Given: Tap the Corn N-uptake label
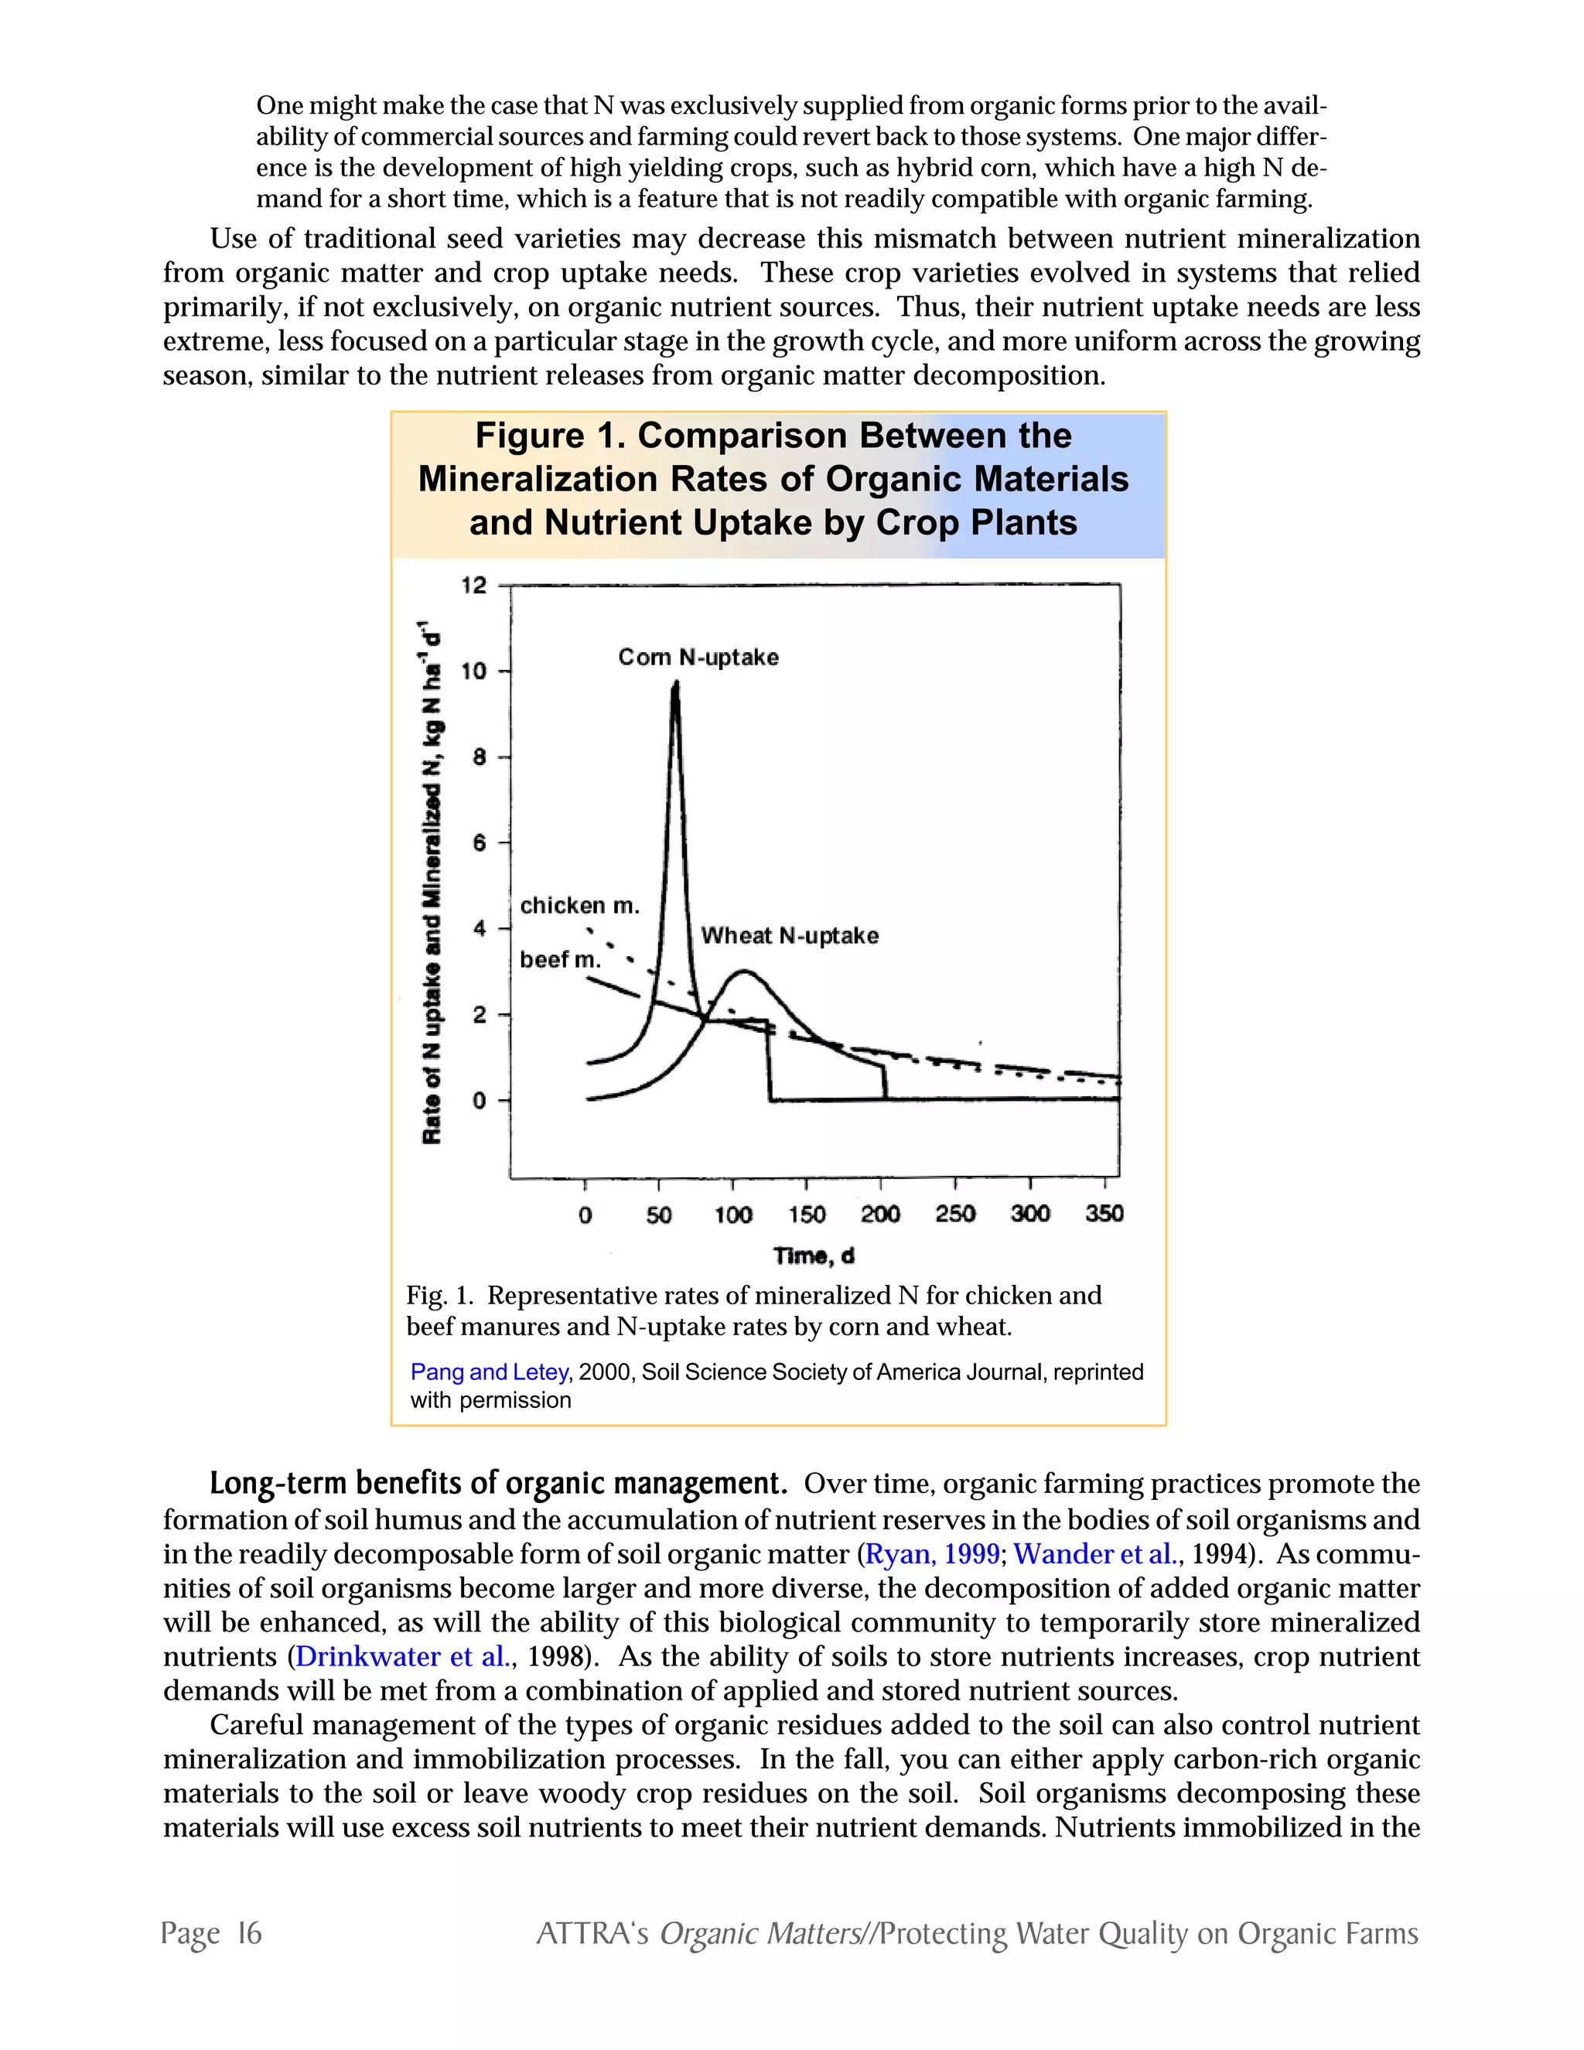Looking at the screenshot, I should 698,657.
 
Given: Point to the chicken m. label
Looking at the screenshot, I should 579,905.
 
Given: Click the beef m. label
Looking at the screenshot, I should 559,959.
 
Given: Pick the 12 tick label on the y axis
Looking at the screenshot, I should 474,586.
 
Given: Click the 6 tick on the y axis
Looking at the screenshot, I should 480,843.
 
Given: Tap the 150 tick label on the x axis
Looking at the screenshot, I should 806,1215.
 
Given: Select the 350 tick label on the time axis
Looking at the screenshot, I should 1104,1214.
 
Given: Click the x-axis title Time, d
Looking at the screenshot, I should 813,1256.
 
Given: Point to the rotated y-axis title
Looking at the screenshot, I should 432,883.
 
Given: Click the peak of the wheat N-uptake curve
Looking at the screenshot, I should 742,972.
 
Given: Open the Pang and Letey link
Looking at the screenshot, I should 489,1372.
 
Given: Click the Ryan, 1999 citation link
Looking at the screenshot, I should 932,1553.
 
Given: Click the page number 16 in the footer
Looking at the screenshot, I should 249,1932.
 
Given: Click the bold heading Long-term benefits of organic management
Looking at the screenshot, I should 497,1483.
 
